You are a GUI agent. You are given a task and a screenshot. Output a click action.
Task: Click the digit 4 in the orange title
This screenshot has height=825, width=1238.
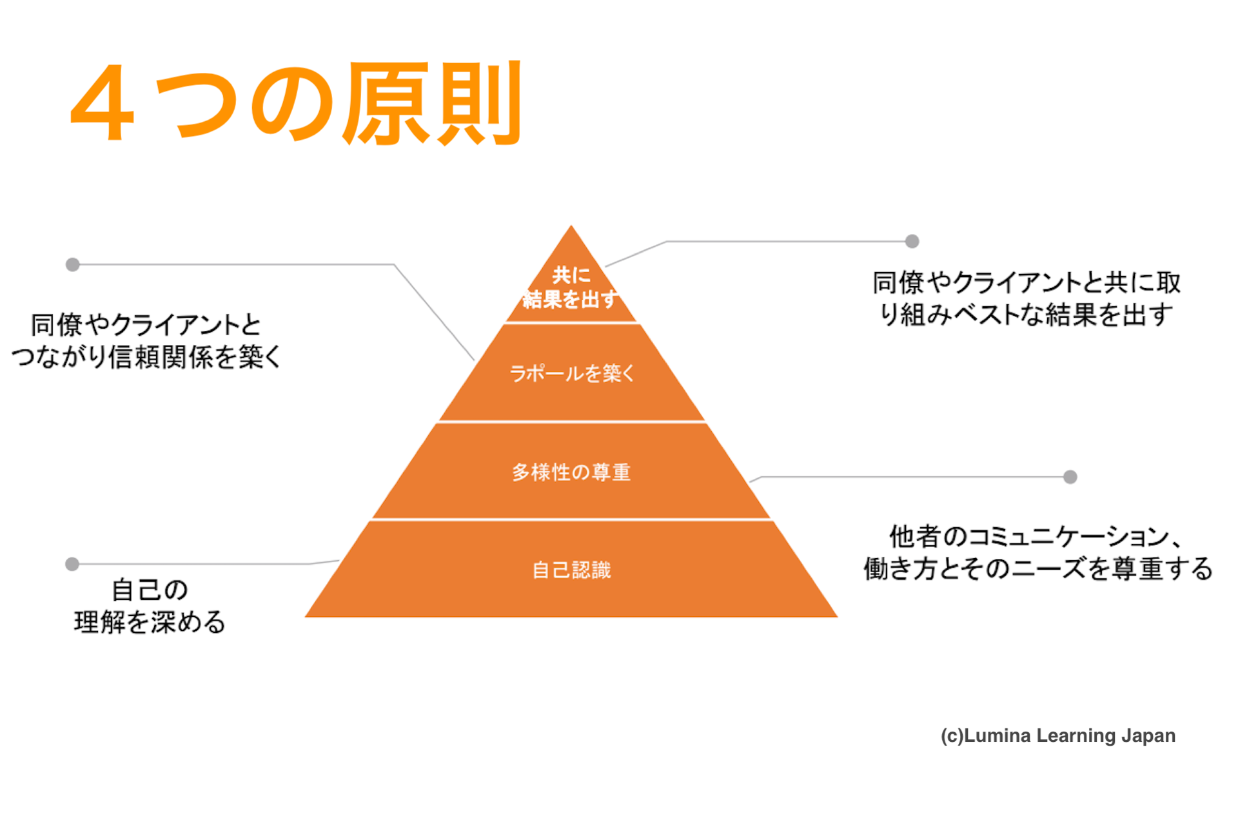click(103, 103)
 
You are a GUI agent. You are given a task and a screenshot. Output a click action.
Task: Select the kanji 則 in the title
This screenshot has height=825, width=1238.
click(478, 103)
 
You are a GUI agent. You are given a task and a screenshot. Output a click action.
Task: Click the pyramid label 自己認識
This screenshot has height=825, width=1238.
click(571, 570)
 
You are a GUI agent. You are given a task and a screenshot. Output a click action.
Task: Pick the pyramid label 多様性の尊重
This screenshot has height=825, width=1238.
click(571, 472)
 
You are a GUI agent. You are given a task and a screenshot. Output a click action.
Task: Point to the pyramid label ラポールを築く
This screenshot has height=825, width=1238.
click(572, 373)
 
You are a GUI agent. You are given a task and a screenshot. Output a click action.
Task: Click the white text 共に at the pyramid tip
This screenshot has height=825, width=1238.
click(571, 275)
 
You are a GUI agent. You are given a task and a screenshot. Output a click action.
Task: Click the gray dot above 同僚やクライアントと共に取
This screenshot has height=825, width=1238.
click(912, 241)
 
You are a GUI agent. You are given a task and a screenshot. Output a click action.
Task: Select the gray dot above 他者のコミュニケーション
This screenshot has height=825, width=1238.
click(1070, 477)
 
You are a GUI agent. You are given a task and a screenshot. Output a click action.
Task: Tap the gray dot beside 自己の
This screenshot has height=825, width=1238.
click(72, 564)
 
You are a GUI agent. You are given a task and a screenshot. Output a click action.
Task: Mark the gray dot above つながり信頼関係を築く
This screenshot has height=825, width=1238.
click(73, 264)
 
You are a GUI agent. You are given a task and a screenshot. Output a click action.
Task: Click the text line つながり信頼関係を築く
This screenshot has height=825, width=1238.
click(146, 357)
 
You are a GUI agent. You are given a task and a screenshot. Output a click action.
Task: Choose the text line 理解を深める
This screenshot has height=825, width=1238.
click(150, 622)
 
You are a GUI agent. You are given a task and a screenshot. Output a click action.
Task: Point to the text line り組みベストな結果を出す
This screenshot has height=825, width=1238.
click(1027, 315)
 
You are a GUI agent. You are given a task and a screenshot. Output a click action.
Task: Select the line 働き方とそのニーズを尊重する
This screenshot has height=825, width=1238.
click(1038, 568)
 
